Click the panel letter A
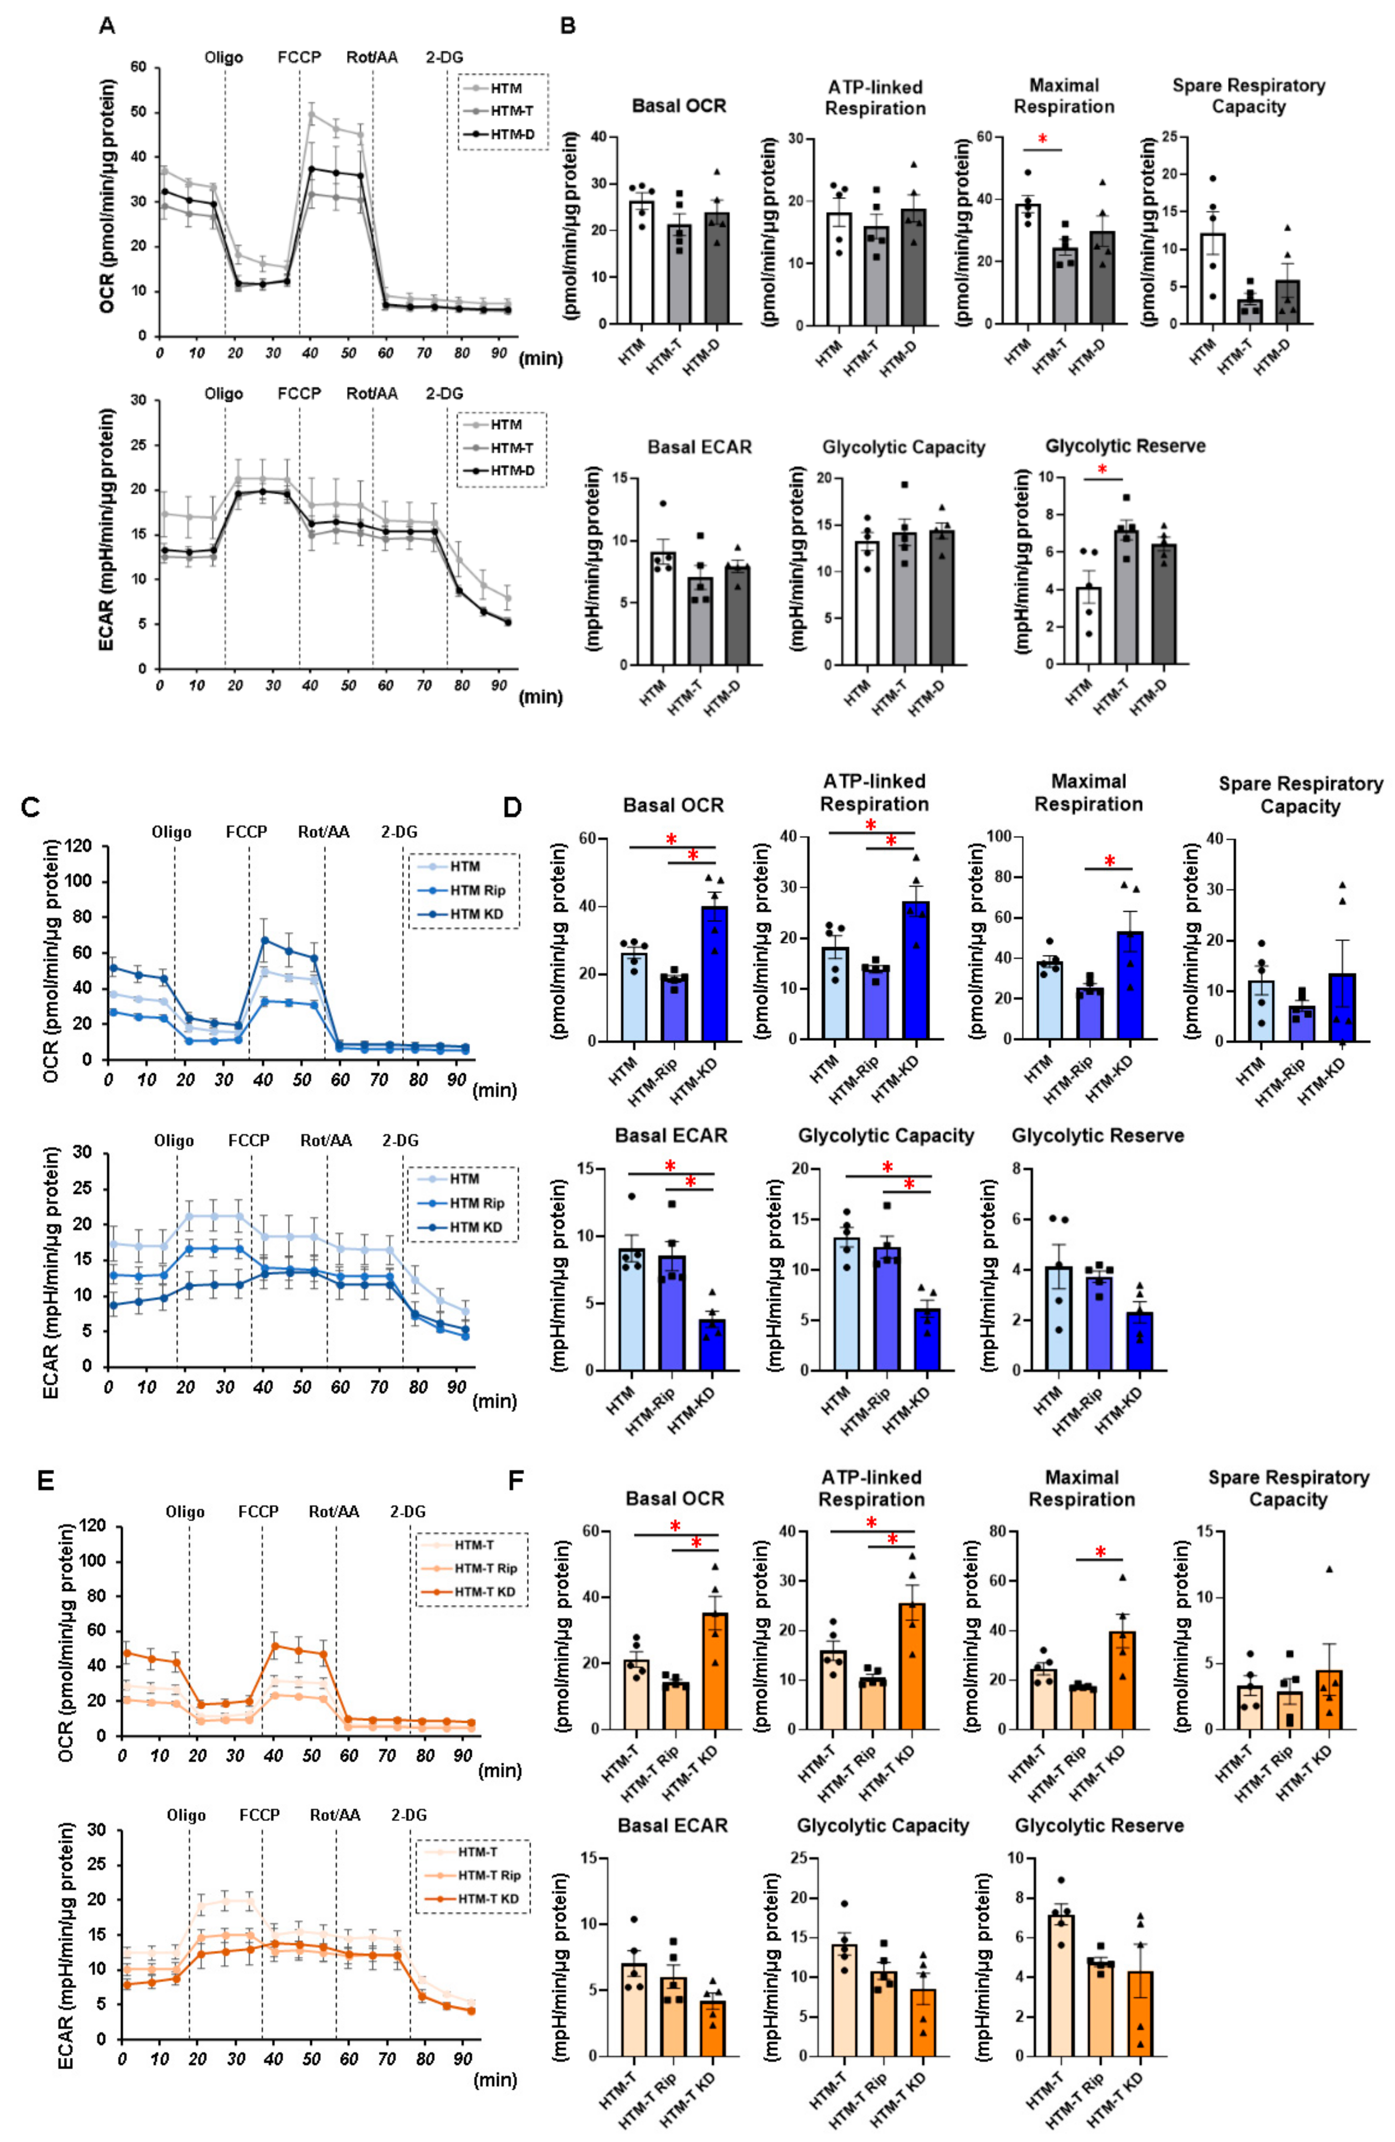(x=107, y=26)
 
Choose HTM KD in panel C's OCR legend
(x=477, y=914)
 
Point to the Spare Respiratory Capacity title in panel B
(x=1248, y=96)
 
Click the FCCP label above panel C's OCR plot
(x=247, y=831)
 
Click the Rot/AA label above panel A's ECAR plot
(x=372, y=393)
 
